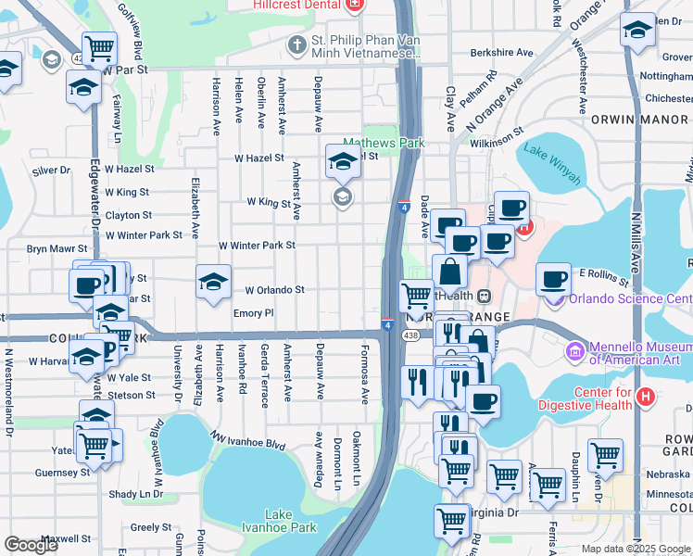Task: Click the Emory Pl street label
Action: point(253,314)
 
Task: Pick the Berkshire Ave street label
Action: point(504,53)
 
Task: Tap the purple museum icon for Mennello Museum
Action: point(573,351)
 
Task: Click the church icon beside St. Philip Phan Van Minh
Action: point(296,44)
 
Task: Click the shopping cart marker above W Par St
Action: point(99,47)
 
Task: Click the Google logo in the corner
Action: point(31,544)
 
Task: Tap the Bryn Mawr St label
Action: point(56,249)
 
